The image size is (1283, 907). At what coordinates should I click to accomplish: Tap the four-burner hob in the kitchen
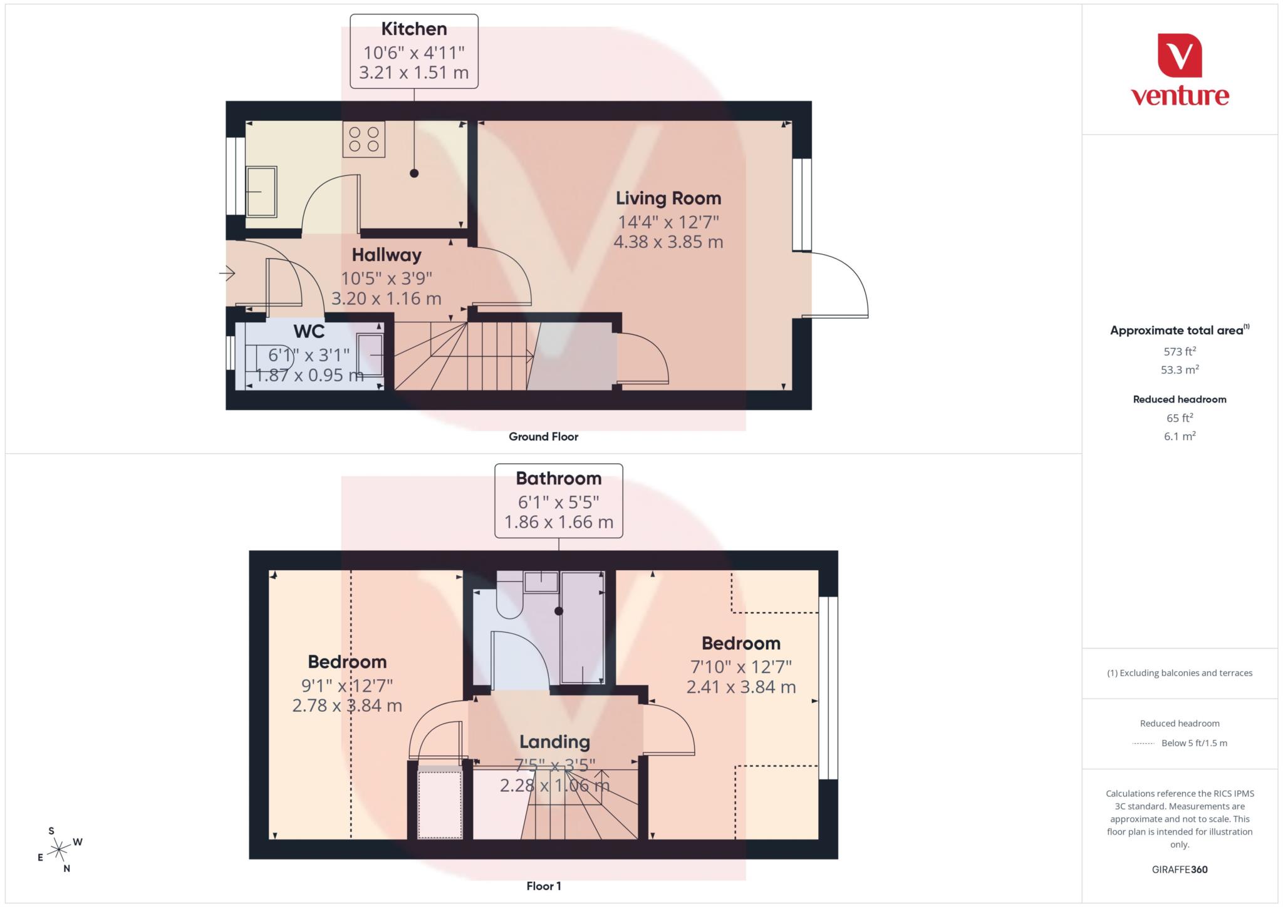coord(363,139)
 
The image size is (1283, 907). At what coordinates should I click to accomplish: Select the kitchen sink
coord(261,192)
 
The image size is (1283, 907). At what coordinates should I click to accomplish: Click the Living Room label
coord(668,198)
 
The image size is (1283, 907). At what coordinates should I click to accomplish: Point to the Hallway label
coord(386,255)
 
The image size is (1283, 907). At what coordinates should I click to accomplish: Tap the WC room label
coord(309,331)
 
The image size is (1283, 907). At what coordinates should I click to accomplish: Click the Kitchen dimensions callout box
coord(413,51)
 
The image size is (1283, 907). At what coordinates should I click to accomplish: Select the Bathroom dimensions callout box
coord(558,501)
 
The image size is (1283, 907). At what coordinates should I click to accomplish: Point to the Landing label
coord(554,742)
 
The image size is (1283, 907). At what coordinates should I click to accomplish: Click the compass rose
coord(59,849)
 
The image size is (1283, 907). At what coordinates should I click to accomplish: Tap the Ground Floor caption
coord(543,437)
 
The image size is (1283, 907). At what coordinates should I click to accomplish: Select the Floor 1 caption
coord(543,886)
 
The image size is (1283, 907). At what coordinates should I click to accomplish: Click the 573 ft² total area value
coord(1179,351)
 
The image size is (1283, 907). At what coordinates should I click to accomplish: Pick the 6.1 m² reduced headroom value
coord(1179,436)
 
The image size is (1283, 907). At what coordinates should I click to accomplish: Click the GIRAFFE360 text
coord(1179,869)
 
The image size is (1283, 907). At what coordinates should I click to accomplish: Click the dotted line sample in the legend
coord(1143,744)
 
